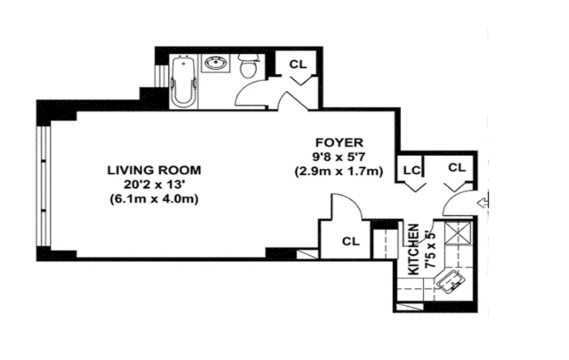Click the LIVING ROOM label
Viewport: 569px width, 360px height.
tap(154, 171)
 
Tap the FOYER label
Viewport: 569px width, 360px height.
tap(338, 143)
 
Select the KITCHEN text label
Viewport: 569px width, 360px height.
tap(413, 249)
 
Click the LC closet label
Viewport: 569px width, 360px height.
tap(412, 170)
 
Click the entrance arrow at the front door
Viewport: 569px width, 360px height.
tap(484, 203)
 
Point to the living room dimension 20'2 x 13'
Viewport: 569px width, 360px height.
tap(154, 184)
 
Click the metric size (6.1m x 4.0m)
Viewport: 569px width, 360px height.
tap(154, 199)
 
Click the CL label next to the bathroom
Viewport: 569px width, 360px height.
tap(297, 64)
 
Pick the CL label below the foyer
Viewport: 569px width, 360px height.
tap(351, 241)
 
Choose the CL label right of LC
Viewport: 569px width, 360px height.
tap(457, 168)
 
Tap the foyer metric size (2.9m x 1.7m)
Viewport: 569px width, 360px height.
tap(338, 171)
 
